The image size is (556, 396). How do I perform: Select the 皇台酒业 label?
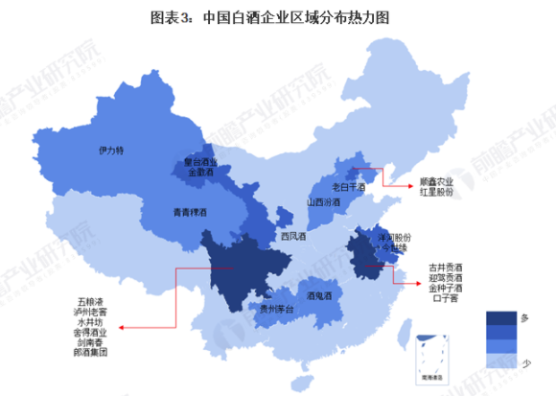[x=200, y=163]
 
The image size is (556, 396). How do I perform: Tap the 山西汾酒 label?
[x=323, y=202]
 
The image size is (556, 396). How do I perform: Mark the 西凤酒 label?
[x=293, y=236]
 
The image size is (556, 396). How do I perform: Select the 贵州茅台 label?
[x=265, y=309]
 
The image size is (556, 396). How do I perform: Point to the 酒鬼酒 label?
[x=319, y=297]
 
